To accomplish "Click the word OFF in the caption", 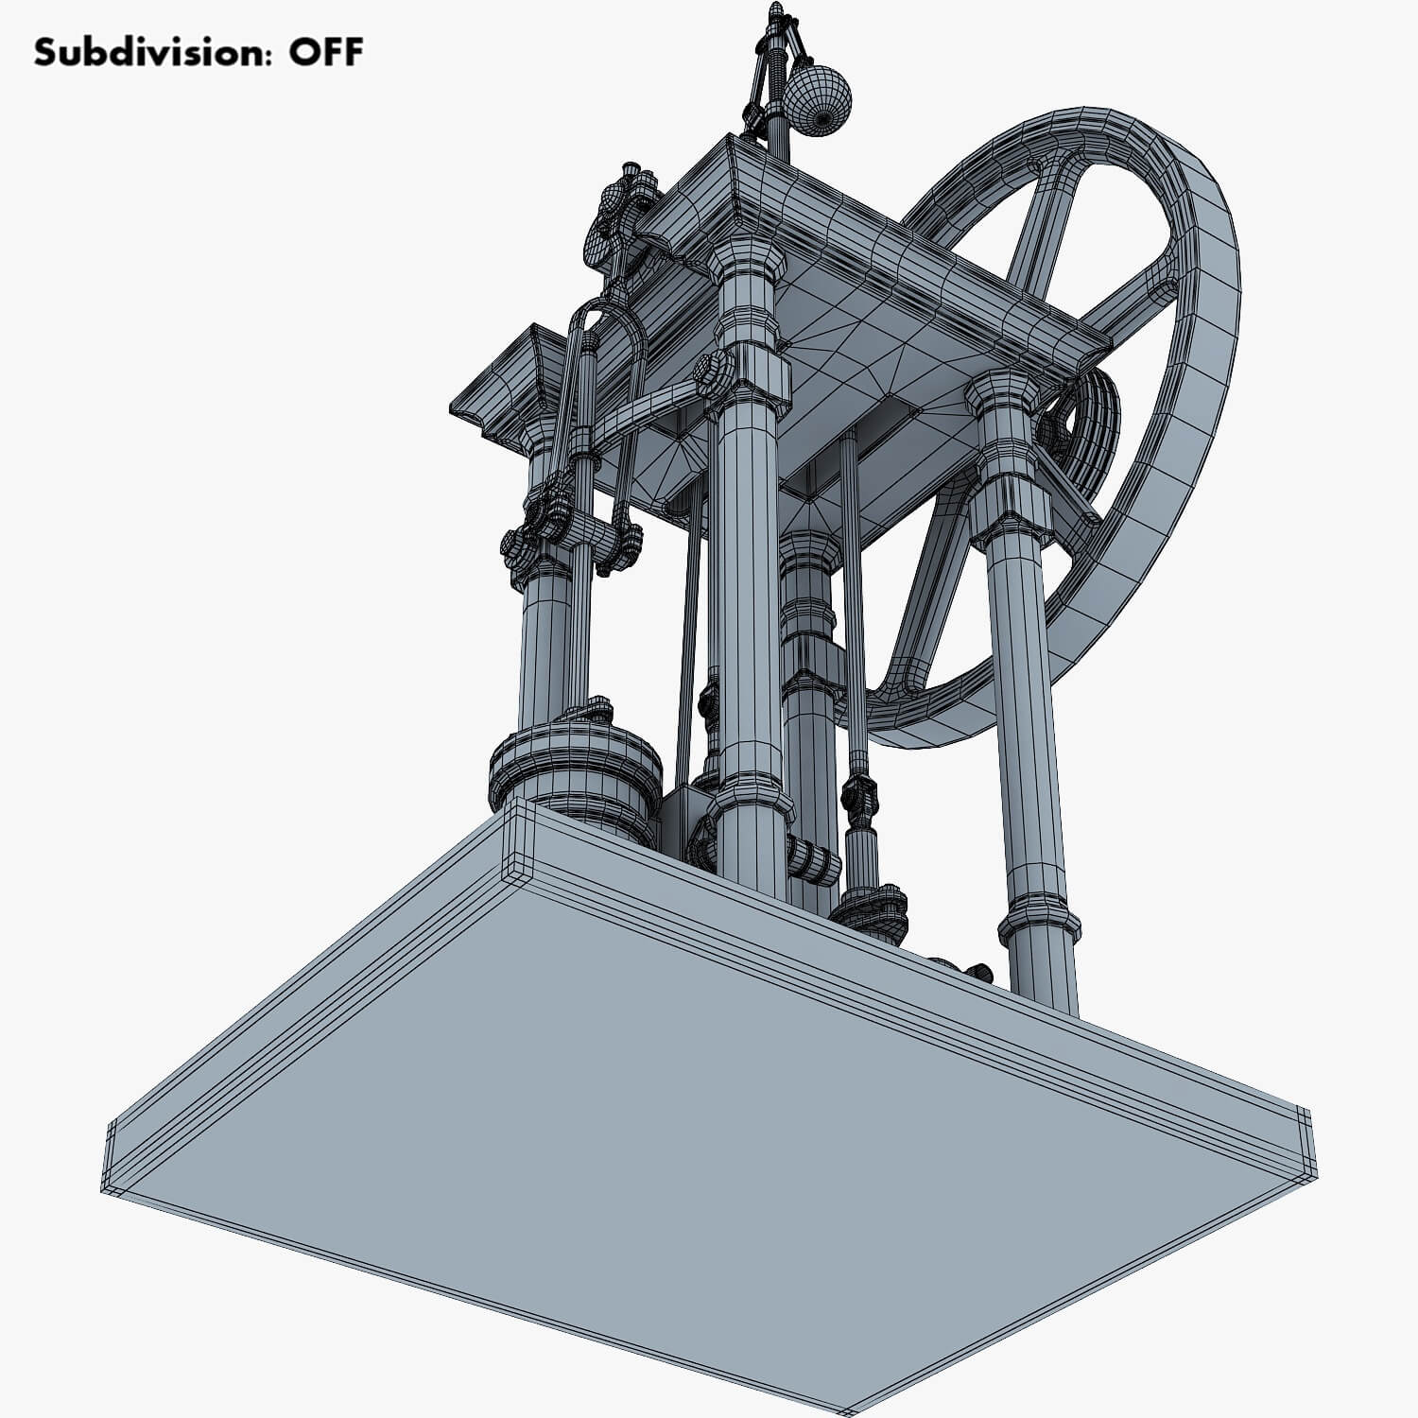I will click(325, 53).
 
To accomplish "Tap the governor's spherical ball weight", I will click(819, 101).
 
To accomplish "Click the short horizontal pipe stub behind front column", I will click(813, 858).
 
